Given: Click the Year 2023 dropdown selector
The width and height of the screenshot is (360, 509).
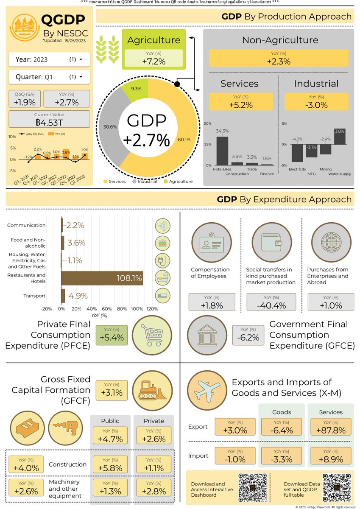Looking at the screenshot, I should click(x=49, y=59).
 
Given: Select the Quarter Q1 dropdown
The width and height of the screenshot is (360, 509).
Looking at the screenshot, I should click(x=49, y=77).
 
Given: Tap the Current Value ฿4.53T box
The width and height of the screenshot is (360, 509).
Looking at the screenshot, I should click(x=49, y=119).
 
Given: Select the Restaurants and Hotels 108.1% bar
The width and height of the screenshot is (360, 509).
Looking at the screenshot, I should click(x=102, y=278).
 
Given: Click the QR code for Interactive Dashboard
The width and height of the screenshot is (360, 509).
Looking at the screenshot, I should click(x=253, y=487).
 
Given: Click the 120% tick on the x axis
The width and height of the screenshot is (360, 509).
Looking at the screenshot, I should click(x=151, y=309).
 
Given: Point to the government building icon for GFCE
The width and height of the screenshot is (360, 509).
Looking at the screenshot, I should click(x=204, y=335).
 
